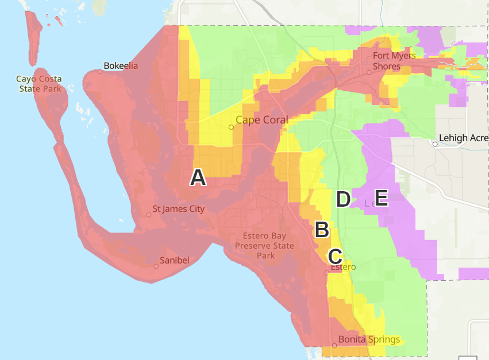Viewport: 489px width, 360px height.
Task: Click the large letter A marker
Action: click(198, 178)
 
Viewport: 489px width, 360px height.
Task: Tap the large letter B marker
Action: click(321, 230)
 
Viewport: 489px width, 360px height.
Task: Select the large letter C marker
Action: click(336, 256)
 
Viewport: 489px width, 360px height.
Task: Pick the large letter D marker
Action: click(343, 200)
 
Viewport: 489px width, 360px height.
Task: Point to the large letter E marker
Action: click(381, 199)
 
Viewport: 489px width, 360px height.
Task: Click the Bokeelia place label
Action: click(121, 65)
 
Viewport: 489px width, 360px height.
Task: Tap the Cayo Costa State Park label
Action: click(39, 84)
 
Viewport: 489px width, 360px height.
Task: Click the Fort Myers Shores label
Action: click(394, 61)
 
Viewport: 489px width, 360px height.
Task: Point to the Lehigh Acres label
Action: click(463, 138)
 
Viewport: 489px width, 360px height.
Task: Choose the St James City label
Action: click(178, 209)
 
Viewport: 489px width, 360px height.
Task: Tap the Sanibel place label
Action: click(175, 260)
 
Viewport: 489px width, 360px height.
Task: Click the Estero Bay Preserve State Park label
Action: click(268, 246)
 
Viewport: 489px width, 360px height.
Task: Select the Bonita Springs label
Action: click(369, 339)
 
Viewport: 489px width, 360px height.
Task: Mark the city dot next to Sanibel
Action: click(156, 266)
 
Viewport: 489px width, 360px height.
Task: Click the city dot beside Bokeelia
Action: click(99, 72)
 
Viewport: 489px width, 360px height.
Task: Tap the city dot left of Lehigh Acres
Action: click(435, 144)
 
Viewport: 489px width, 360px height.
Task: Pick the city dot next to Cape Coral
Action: click(232, 127)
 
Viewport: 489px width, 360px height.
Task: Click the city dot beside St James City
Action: click(149, 215)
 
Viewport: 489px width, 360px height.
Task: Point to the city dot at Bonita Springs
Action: click(334, 346)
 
